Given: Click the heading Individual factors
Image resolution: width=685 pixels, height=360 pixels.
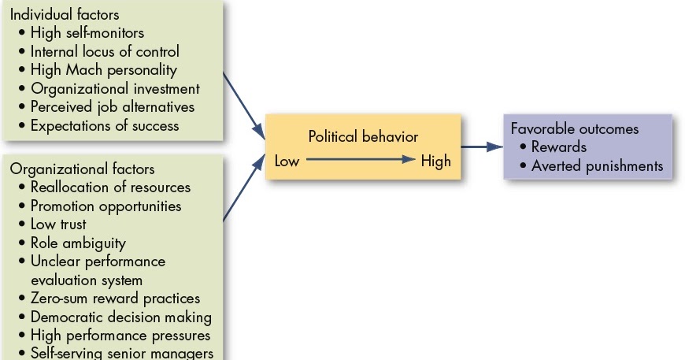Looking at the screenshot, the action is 65,14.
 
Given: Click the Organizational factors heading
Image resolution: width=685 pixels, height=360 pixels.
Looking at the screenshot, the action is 82,169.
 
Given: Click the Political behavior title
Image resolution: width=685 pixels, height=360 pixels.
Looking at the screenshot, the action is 363,137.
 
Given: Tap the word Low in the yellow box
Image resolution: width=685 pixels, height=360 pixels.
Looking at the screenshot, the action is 287,161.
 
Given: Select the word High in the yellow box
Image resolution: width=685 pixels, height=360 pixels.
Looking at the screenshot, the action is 436,161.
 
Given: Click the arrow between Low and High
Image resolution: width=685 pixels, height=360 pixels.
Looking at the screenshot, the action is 361,159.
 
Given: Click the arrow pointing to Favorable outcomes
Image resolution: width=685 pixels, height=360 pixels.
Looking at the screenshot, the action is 482,147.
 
